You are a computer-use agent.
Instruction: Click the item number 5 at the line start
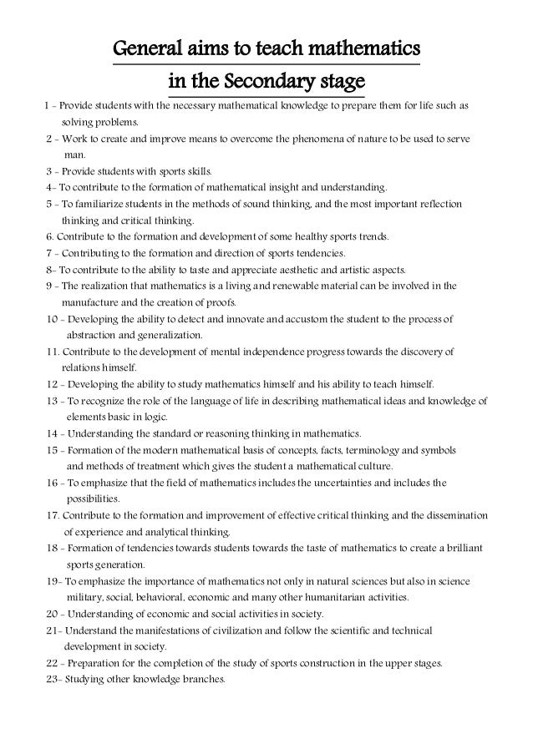[x=49, y=205]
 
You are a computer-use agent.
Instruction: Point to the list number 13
[x=53, y=401]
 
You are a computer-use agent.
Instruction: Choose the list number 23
[x=53, y=679]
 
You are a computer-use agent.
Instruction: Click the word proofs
[x=226, y=302]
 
